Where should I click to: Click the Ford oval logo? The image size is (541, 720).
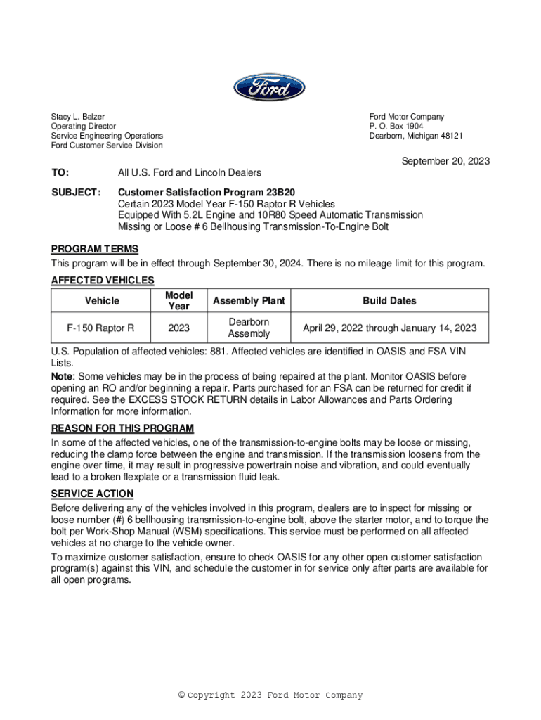coord(270,89)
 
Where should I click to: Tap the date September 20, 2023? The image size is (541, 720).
coord(445,161)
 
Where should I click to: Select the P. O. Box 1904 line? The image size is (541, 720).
coord(396,127)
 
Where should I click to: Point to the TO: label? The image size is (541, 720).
coord(60,173)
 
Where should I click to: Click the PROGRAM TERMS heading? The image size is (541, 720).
coord(95,249)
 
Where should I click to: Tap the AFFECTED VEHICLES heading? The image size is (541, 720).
coord(103,281)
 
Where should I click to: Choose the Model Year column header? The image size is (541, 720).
coord(178,301)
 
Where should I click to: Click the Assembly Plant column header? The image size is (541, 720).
coord(249,301)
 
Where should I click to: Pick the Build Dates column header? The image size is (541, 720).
coord(389,301)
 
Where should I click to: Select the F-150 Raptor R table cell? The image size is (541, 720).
coord(100,328)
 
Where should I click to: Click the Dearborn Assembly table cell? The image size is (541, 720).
coord(249,328)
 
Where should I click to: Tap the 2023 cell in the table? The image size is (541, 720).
coord(178,328)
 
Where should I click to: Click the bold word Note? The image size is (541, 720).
coord(64,378)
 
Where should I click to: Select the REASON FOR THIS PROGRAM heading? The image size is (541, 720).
coord(122,428)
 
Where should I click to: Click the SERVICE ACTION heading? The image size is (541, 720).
coord(92,494)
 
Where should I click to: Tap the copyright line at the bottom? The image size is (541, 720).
coord(270,695)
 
